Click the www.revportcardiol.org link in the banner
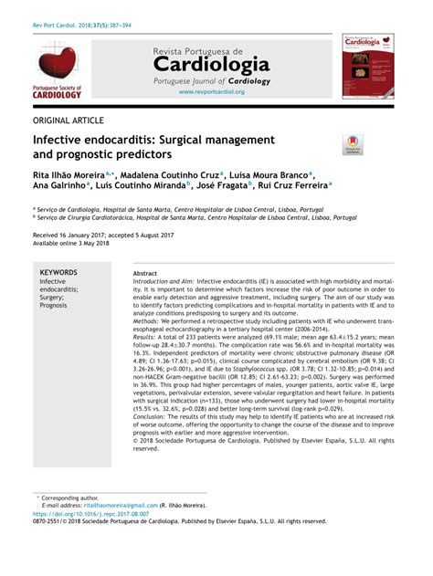coord(212,91)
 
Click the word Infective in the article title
coord(60,140)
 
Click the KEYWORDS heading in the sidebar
coord(58,272)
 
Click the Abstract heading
coord(144,273)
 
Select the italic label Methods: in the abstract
coord(147,322)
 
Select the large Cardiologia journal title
coord(211,65)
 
